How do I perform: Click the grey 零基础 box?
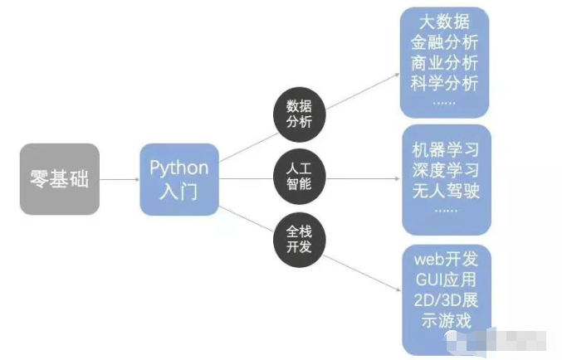click(59, 179)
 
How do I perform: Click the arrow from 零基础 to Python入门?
click(119, 179)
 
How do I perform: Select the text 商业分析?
click(443, 64)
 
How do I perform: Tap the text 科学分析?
click(443, 85)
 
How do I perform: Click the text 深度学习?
click(446, 173)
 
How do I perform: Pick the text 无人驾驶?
click(446, 193)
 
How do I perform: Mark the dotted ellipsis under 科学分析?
click(443, 103)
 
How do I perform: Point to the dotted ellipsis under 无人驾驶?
click(446, 212)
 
